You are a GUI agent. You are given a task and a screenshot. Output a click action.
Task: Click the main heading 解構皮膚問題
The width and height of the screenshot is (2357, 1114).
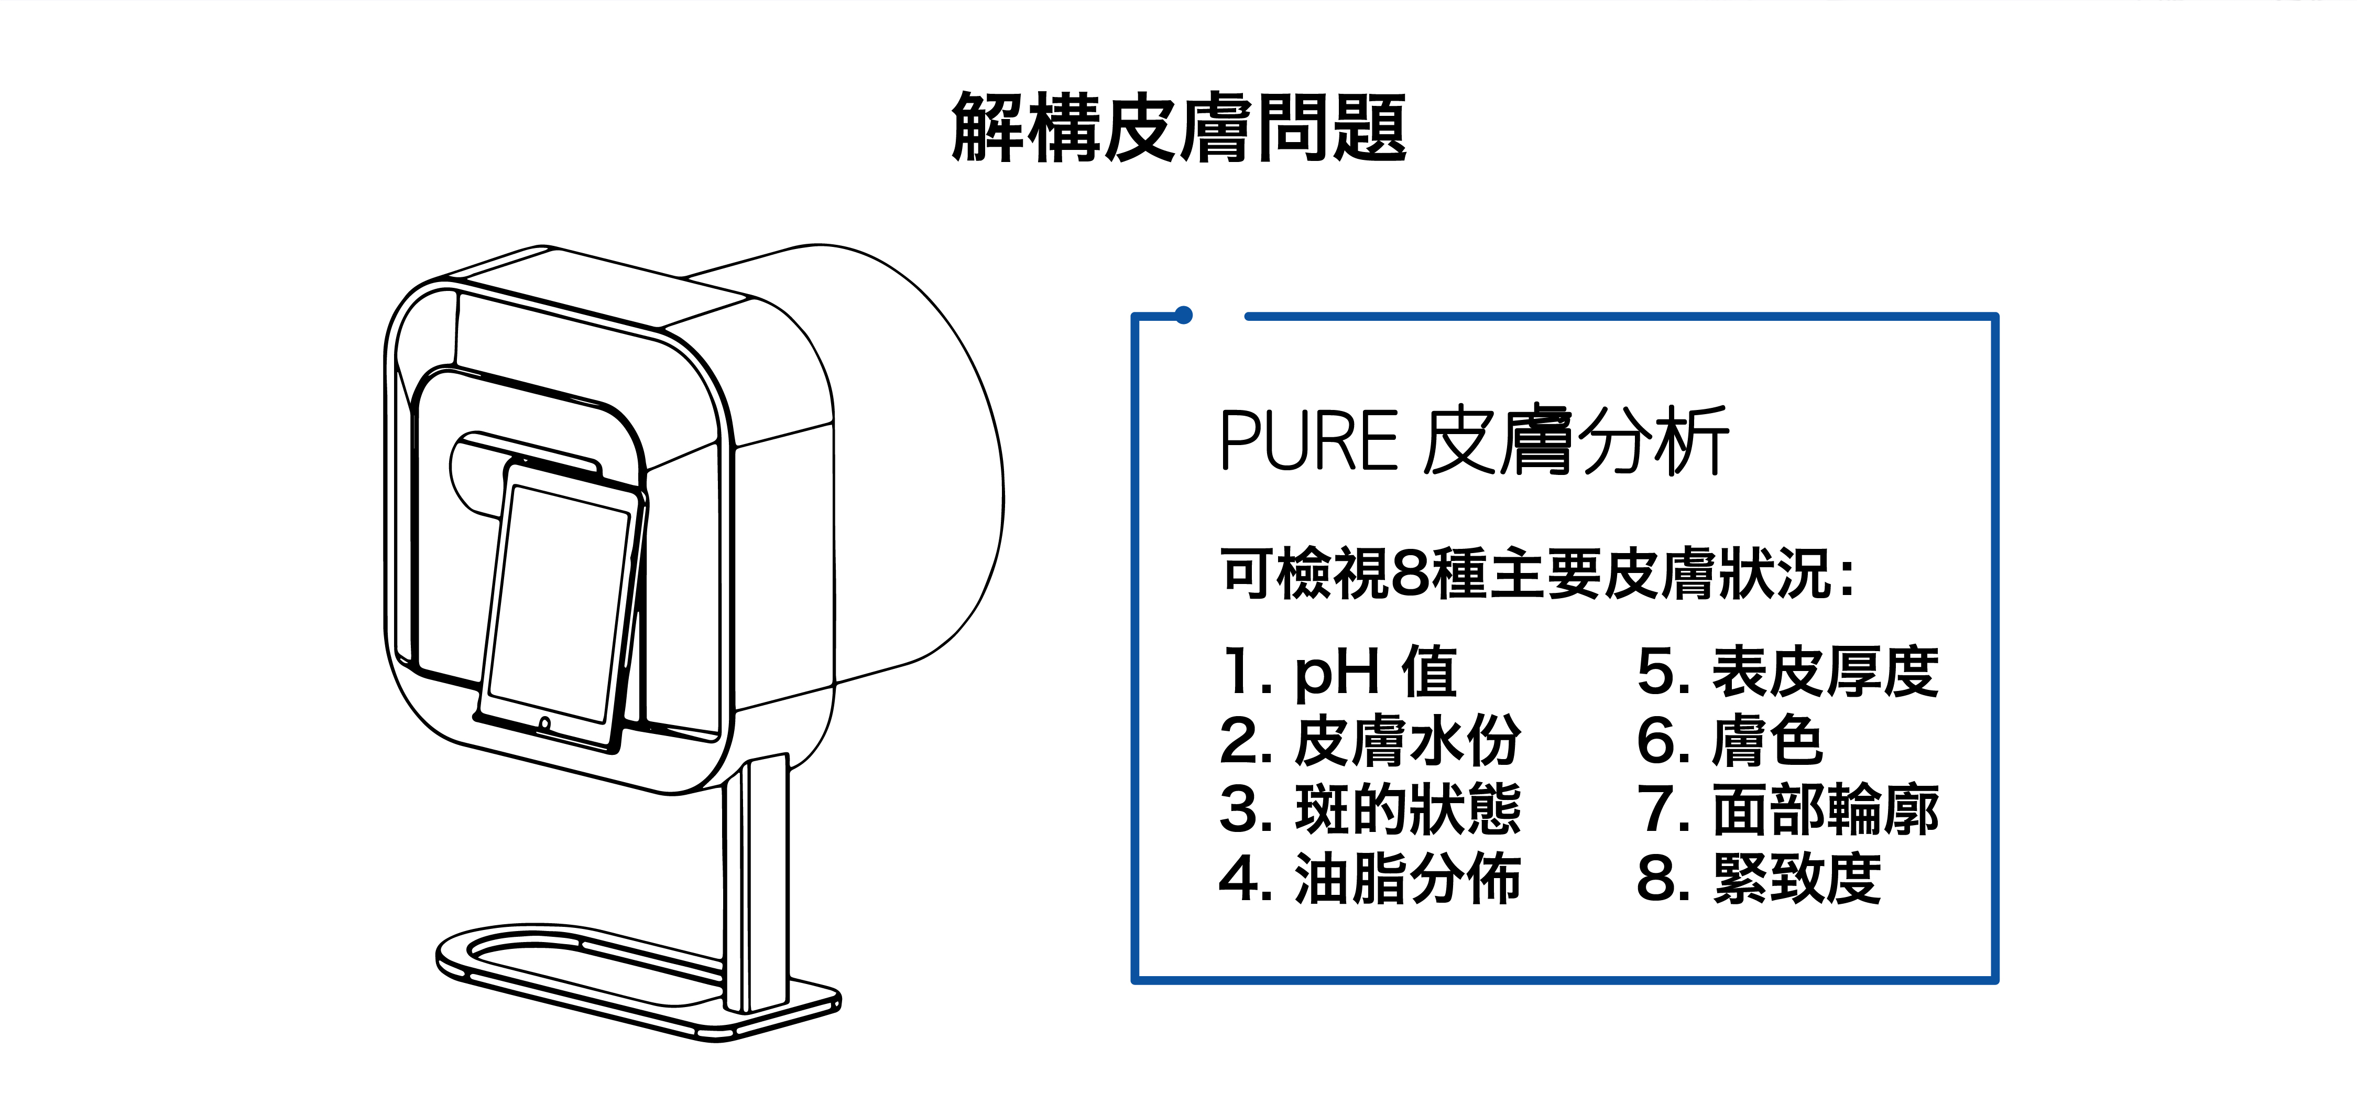pos(1178,128)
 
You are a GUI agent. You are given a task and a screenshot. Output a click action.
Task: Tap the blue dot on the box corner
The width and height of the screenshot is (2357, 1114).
pos(1183,316)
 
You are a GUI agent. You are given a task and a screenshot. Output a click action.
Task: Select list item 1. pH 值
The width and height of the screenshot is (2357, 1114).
pos(1338,671)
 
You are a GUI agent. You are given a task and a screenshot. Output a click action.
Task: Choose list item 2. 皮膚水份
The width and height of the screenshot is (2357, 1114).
pos(1370,741)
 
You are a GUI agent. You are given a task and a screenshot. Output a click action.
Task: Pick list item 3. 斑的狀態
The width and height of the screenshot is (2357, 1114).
pos(1370,809)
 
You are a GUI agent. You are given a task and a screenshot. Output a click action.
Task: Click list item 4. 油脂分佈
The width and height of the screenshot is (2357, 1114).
pos(1370,879)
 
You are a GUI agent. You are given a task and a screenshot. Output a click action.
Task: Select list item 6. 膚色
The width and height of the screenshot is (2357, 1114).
pos(1729,741)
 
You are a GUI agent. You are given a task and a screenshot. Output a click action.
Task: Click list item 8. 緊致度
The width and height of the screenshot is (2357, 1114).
pos(1758,879)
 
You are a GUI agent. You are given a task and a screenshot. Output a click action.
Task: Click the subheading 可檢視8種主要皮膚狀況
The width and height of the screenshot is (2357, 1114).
pos(1537,574)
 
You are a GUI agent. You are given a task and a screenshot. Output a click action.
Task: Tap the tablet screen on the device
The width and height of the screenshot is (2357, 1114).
pos(558,604)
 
